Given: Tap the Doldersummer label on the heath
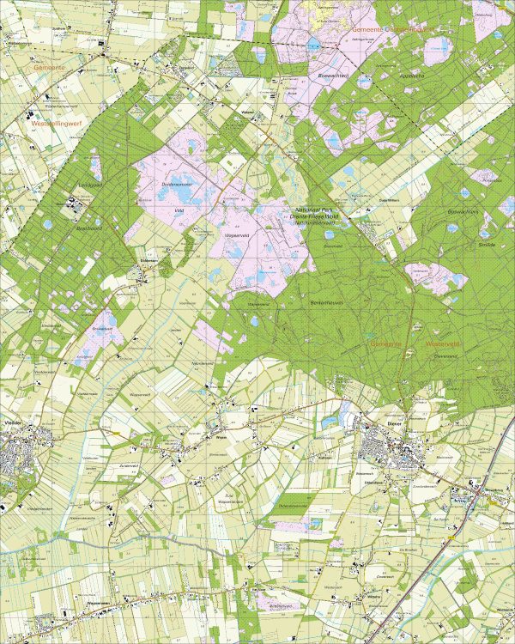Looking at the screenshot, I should tap(176, 184).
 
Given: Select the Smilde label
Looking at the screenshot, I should tap(487, 245).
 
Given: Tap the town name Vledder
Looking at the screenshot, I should tap(15, 423).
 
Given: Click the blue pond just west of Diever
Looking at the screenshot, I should tap(330, 422).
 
